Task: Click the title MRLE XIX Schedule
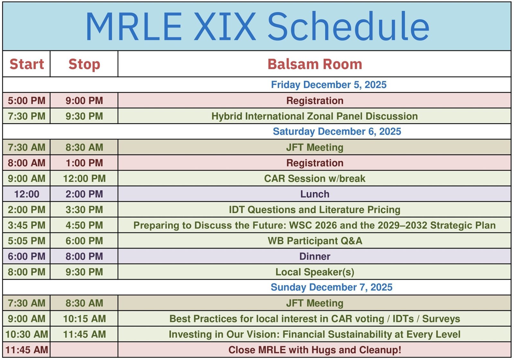(257, 27)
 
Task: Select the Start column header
(27, 64)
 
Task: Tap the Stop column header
(84, 64)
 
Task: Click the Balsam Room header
(315, 64)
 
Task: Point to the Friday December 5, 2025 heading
(329, 85)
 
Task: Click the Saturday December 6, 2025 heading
(337, 131)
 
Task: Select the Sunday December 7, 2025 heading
(331, 287)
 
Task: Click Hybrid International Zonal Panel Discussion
(315, 116)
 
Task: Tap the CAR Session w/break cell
(315, 179)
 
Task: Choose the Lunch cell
(315, 194)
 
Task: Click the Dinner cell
(315, 256)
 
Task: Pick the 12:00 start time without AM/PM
(27, 194)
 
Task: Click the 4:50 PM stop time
(84, 225)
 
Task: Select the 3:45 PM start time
(27, 225)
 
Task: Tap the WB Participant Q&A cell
(315, 241)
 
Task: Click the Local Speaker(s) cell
(315, 272)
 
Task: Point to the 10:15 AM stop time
(84, 319)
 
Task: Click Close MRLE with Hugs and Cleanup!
(315, 350)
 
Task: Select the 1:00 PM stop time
(84, 163)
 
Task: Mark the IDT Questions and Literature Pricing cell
(315, 210)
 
